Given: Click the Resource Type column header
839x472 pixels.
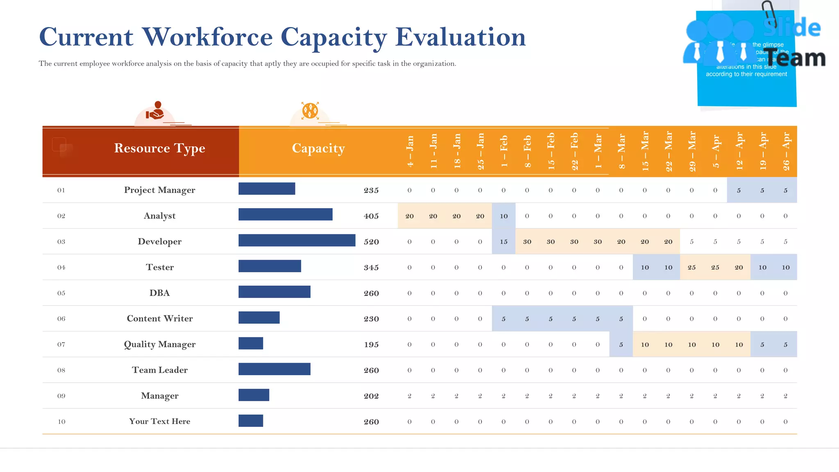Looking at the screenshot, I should point(159,148).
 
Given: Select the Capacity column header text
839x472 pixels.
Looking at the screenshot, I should point(318,148).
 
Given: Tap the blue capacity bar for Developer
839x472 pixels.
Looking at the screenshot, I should point(297,241).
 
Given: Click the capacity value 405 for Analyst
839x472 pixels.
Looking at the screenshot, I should point(371,216).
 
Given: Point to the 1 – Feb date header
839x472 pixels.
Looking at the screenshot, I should point(504,151).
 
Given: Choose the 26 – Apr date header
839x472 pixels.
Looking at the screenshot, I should point(786,151).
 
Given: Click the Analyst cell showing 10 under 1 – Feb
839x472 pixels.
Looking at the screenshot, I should point(503,216).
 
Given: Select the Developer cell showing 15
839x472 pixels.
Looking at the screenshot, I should point(503,242).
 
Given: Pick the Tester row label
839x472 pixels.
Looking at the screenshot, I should point(160,267).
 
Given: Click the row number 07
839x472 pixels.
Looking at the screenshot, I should point(61,345).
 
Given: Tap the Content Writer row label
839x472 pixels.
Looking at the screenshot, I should point(160,318).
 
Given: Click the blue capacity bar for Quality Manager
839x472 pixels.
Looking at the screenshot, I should point(251,343).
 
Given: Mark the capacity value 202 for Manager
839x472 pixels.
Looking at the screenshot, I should point(371,396).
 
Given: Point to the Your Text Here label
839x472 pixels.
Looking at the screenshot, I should point(160,421).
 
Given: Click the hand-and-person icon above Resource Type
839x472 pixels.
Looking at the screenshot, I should point(155,111).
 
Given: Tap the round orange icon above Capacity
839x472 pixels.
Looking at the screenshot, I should point(310,111).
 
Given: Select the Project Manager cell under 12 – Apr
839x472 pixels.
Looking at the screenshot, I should point(739,190).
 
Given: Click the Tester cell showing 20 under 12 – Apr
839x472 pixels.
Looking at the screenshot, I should point(739,268).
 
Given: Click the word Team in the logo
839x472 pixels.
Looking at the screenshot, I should point(795,58).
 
